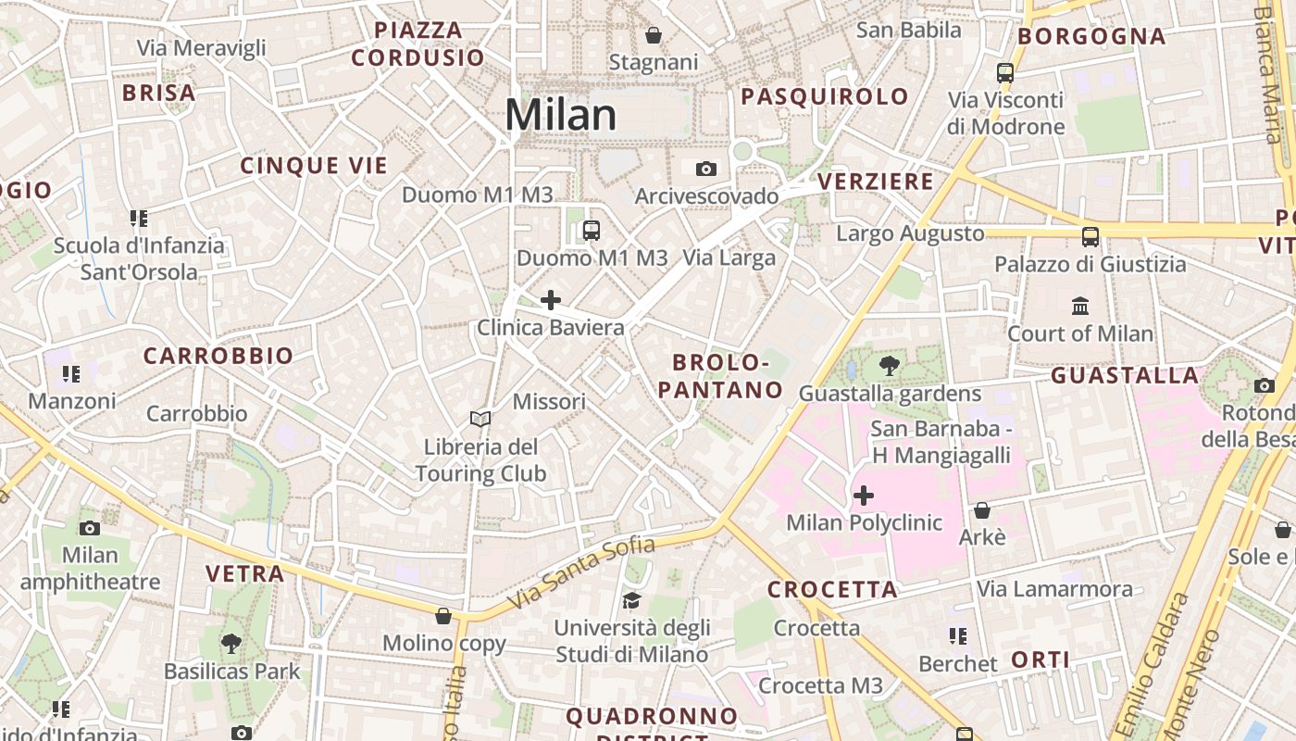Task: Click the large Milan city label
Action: (x=561, y=115)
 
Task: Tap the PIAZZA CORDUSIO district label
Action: (x=417, y=44)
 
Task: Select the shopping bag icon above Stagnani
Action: (x=654, y=35)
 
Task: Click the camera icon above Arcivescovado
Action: (x=706, y=169)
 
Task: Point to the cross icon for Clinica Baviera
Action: (x=551, y=300)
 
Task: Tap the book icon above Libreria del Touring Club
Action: (x=480, y=420)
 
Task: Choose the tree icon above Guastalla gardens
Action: (x=890, y=366)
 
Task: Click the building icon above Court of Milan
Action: (x=1080, y=306)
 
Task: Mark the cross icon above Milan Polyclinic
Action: (x=864, y=496)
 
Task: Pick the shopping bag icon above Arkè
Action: (x=982, y=510)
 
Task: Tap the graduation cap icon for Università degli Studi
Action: (x=631, y=600)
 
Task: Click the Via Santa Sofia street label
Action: (x=581, y=571)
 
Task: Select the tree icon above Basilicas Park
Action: (x=231, y=643)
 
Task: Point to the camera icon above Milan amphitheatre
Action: (x=90, y=528)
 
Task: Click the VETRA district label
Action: (x=244, y=574)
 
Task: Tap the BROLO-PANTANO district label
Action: (x=721, y=376)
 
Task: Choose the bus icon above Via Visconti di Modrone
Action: (x=1005, y=72)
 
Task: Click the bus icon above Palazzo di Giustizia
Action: (x=1090, y=236)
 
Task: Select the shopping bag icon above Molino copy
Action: (x=443, y=616)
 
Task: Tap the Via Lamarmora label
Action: (x=1054, y=589)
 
